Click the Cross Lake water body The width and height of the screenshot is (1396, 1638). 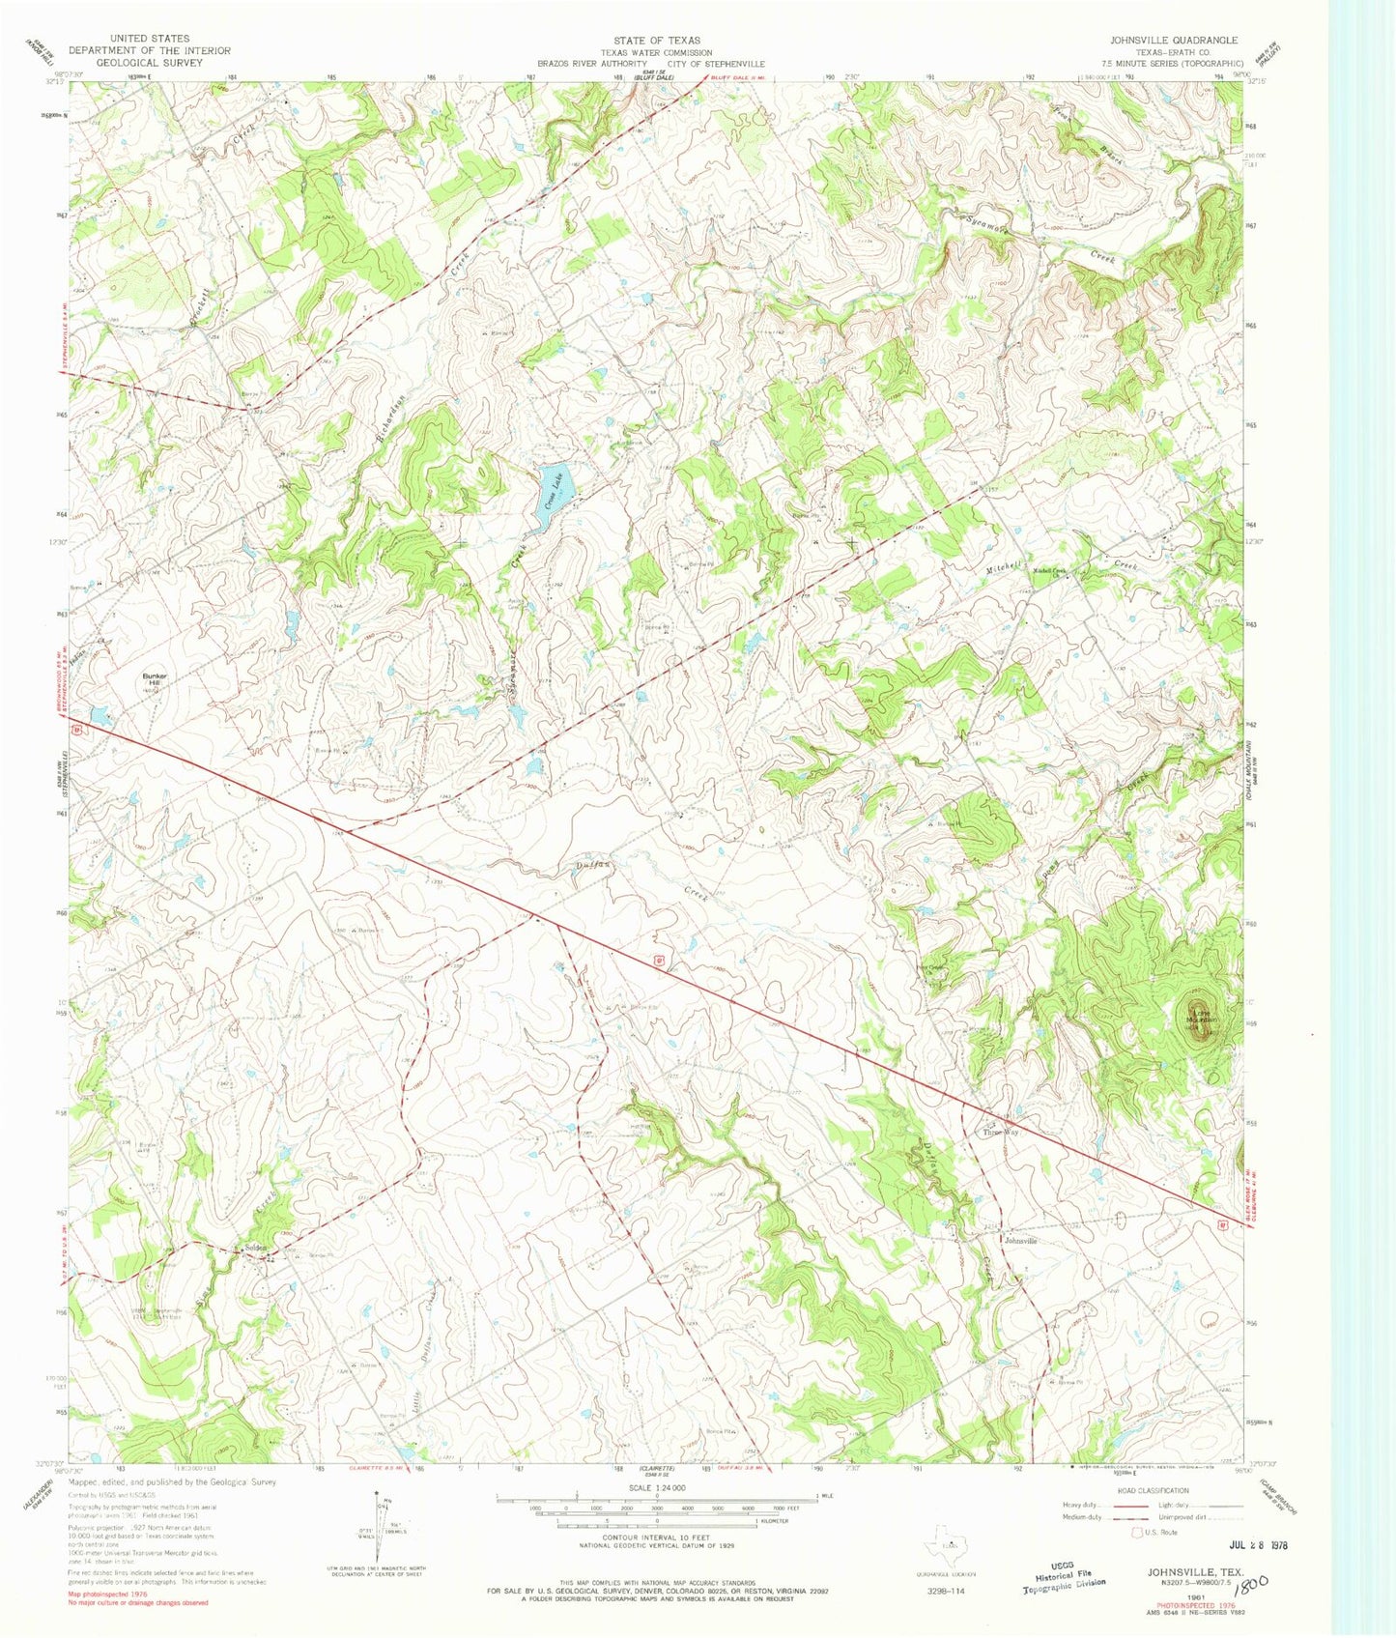point(549,496)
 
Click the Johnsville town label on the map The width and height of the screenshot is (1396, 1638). point(1020,1240)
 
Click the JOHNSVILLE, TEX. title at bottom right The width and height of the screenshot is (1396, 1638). point(1195,1572)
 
